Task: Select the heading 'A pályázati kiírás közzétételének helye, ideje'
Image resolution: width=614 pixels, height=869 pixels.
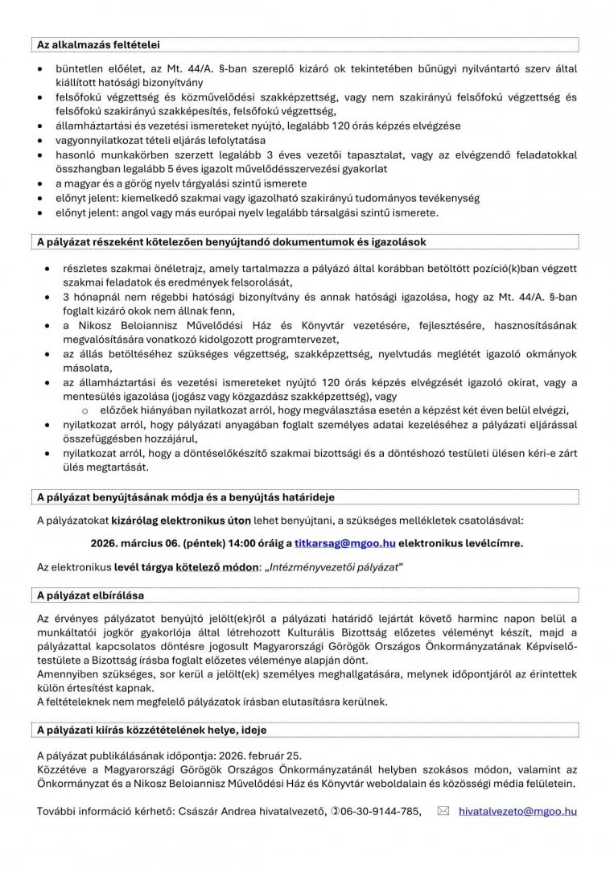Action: click(x=152, y=730)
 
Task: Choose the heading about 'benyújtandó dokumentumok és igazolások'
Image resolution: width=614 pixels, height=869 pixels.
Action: click(x=232, y=241)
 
